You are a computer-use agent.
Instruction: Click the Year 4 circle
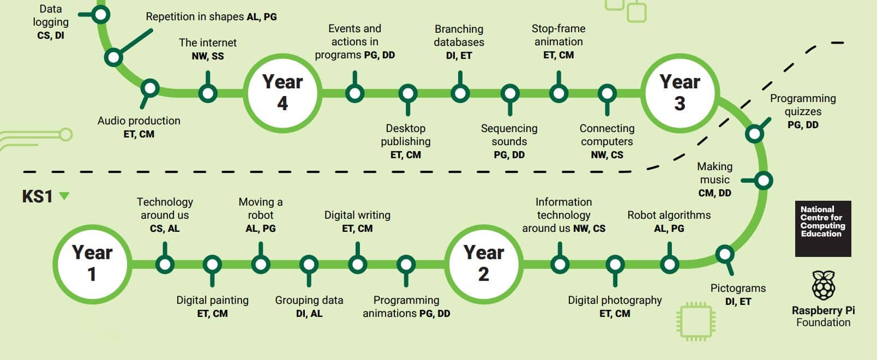[283, 93]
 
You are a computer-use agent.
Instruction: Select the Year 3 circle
[680, 93]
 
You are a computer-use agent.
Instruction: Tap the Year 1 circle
[92, 264]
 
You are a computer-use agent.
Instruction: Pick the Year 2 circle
[484, 264]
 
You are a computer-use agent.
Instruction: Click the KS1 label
[37, 196]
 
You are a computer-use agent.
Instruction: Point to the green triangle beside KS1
[64, 195]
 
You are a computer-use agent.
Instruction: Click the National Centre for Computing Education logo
[823, 229]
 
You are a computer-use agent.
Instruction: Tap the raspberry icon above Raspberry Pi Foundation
[824, 285]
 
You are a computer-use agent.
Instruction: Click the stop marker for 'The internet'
[208, 93]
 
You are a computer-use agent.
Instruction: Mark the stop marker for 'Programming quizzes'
[755, 134]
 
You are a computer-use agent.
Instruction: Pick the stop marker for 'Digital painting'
[212, 265]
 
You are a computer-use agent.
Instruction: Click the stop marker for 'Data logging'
[100, 15]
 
